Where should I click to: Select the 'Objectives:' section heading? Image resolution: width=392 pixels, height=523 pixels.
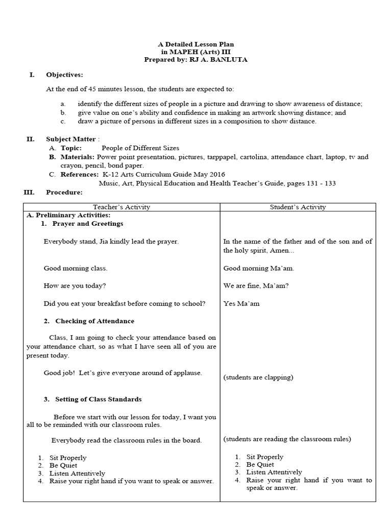pyautogui.click(x=64, y=75)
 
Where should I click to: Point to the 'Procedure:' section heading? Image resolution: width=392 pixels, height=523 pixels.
pyautogui.click(x=64, y=192)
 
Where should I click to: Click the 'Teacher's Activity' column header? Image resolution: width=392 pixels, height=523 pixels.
pyautogui.click(x=121, y=207)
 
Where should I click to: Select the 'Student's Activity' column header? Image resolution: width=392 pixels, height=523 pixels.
pyautogui.click(x=298, y=207)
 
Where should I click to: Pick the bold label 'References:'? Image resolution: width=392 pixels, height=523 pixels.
pyautogui.click(x=80, y=174)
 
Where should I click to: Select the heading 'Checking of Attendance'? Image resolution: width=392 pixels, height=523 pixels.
pyautogui.click(x=94, y=321)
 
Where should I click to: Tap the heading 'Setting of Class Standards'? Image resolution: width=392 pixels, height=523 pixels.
pyautogui.click(x=98, y=399)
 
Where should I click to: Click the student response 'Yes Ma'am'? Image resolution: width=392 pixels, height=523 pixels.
pyautogui.click(x=241, y=303)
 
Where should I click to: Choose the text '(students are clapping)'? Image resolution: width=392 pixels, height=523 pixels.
pyautogui.click(x=258, y=377)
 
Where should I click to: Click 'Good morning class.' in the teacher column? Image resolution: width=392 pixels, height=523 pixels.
pyautogui.click(x=75, y=268)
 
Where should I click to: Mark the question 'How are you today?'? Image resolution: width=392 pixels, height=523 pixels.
pyautogui.click(x=75, y=286)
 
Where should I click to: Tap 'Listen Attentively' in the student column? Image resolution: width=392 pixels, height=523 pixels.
pyautogui.click(x=274, y=472)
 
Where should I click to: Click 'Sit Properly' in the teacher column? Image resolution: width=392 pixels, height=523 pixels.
pyautogui.click(x=68, y=458)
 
